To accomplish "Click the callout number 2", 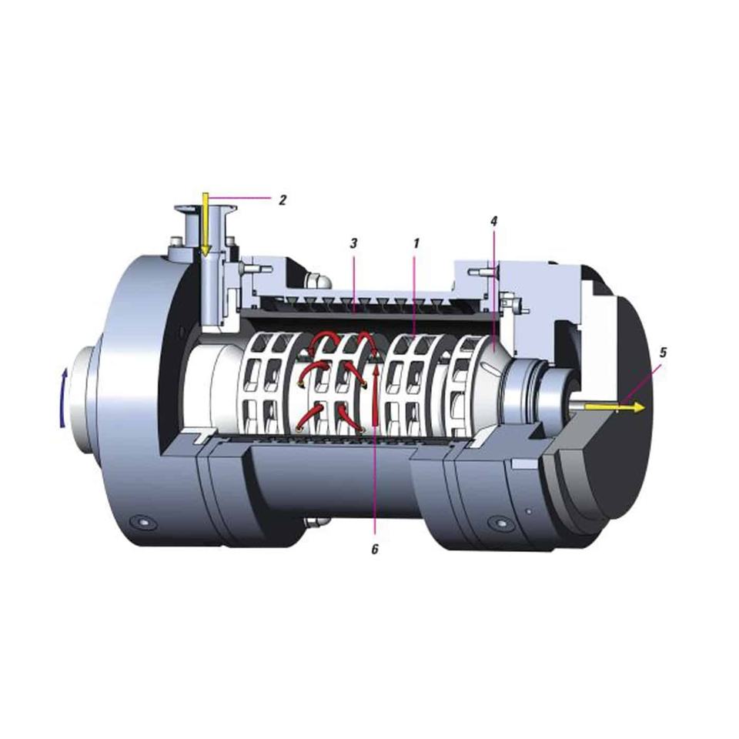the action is [283, 200].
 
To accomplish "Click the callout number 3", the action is [354, 243].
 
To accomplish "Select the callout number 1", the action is [416, 243].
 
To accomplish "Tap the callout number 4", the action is [493, 221].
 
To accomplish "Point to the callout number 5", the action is [663, 352].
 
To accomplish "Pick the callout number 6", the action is [375, 549].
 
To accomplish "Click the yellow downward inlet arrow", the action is [205, 224].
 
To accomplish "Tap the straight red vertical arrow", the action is [376, 395].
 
